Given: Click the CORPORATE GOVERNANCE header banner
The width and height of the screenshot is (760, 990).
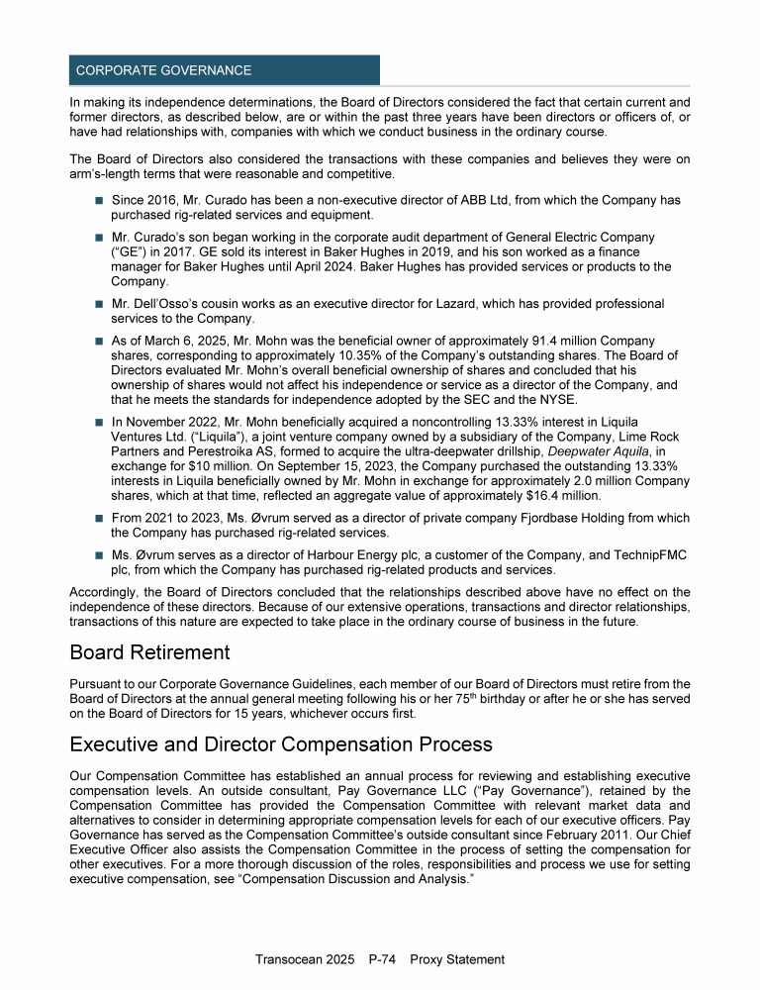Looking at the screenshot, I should pos(225,70).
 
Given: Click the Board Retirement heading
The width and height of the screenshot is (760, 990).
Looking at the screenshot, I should pos(148,652).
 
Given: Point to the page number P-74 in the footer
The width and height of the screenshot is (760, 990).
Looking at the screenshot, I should pos(382,959).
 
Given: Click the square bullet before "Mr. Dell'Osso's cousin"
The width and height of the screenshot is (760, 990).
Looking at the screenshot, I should pos(100,304).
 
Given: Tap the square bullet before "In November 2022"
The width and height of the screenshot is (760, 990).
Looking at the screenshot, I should pos(100,424).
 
